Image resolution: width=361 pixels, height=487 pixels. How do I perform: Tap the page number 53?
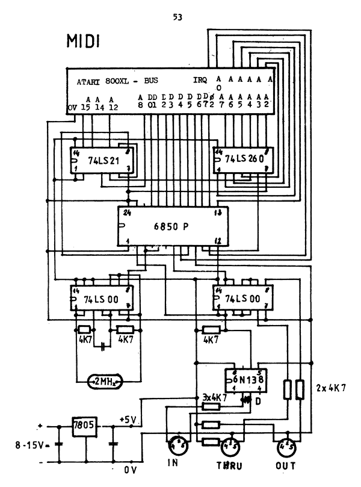pyautogui.click(x=177, y=17)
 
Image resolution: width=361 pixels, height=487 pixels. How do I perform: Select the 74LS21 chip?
pyautogui.click(x=102, y=161)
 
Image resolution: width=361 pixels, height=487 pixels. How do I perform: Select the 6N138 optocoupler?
pyautogui.click(x=245, y=380)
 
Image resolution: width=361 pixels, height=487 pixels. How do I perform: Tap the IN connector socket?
pyautogui.click(x=179, y=447)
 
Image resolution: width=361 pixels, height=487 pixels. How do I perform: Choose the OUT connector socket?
pyautogui.click(x=285, y=447)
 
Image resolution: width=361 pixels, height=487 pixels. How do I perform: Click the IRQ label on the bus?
pyautogui.click(x=200, y=80)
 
